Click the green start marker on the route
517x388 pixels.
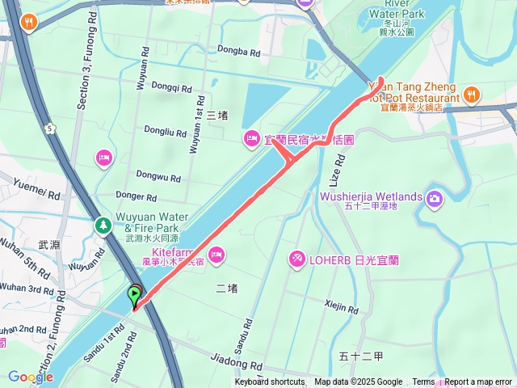point(135,295)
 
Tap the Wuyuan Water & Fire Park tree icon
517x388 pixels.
point(103,226)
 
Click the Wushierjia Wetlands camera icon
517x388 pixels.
point(435,197)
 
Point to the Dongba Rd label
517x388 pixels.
point(238,53)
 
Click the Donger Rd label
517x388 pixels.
point(136,195)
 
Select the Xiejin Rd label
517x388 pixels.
point(341,306)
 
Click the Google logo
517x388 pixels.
point(31,377)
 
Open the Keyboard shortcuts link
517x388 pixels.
point(270,382)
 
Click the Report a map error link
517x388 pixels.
point(478,382)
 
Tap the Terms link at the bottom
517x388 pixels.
point(423,382)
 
